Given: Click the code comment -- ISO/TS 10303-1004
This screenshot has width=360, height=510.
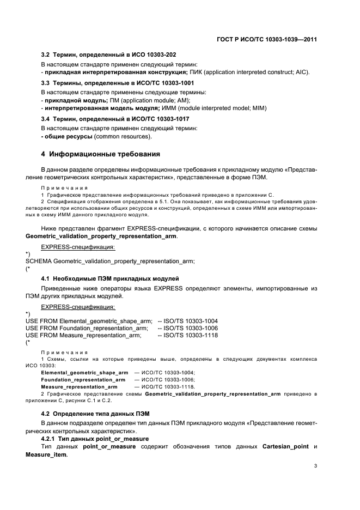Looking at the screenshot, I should [187, 321].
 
